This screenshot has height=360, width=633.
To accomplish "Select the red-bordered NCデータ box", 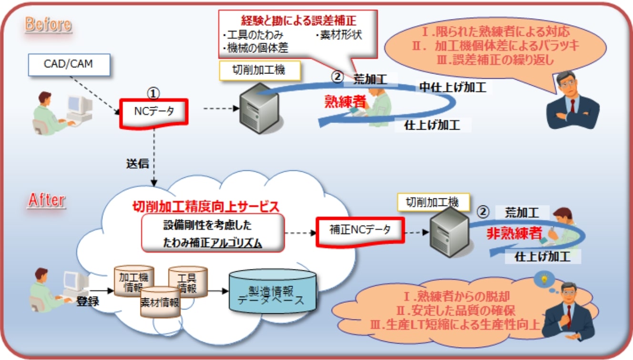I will [x=154, y=113].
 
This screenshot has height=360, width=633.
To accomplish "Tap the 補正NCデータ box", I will [x=360, y=230].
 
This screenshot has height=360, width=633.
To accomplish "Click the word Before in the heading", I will [x=48, y=24].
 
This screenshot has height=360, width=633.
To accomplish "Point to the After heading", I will [x=46, y=200].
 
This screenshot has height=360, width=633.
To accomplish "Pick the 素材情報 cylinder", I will [x=160, y=302].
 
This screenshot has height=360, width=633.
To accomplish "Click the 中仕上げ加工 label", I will [x=452, y=87].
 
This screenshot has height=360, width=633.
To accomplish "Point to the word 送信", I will [x=137, y=165].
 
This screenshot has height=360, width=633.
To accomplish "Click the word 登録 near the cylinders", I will [x=88, y=302].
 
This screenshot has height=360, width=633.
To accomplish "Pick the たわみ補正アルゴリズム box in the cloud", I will [x=213, y=232].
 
